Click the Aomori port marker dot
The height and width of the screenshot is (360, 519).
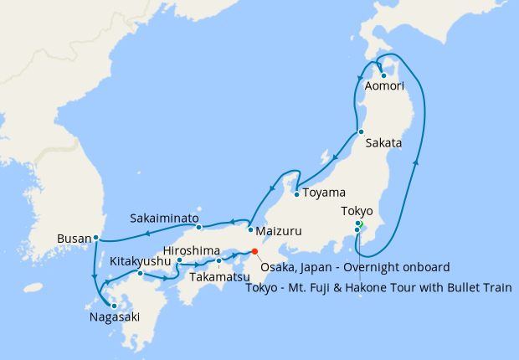pos(383,76)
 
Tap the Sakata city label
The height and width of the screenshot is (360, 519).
pos(383,143)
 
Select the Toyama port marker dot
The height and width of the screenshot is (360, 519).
pos(296,195)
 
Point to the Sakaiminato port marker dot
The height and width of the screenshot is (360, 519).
pos(198,228)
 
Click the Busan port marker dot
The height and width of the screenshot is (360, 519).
pos(96,237)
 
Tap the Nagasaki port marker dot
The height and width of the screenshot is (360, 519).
pos(114,306)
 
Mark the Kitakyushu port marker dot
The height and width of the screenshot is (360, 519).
pos(141,274)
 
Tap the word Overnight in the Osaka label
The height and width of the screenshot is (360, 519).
pos(374,267)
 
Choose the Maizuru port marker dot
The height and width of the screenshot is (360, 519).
pos(250,229)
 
